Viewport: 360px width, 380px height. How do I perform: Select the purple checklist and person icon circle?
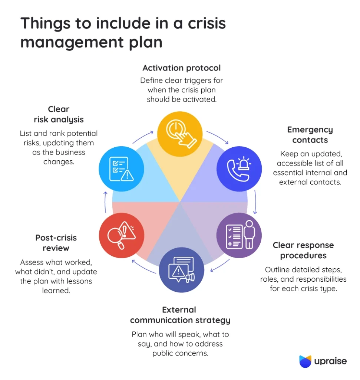pos(239,235)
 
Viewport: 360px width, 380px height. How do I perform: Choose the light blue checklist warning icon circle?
pos(121,169)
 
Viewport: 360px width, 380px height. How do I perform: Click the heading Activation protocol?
pos(181,68)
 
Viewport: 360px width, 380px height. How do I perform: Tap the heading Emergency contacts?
pos(310,135)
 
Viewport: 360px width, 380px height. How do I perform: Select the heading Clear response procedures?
pos(303,250)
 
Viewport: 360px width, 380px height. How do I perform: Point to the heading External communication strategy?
pos(180,315)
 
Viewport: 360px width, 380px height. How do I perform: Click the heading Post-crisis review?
pos(56,243)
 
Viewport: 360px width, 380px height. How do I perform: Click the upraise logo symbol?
pos(305,361)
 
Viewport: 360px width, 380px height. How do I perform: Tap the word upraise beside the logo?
pos(331,361)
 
